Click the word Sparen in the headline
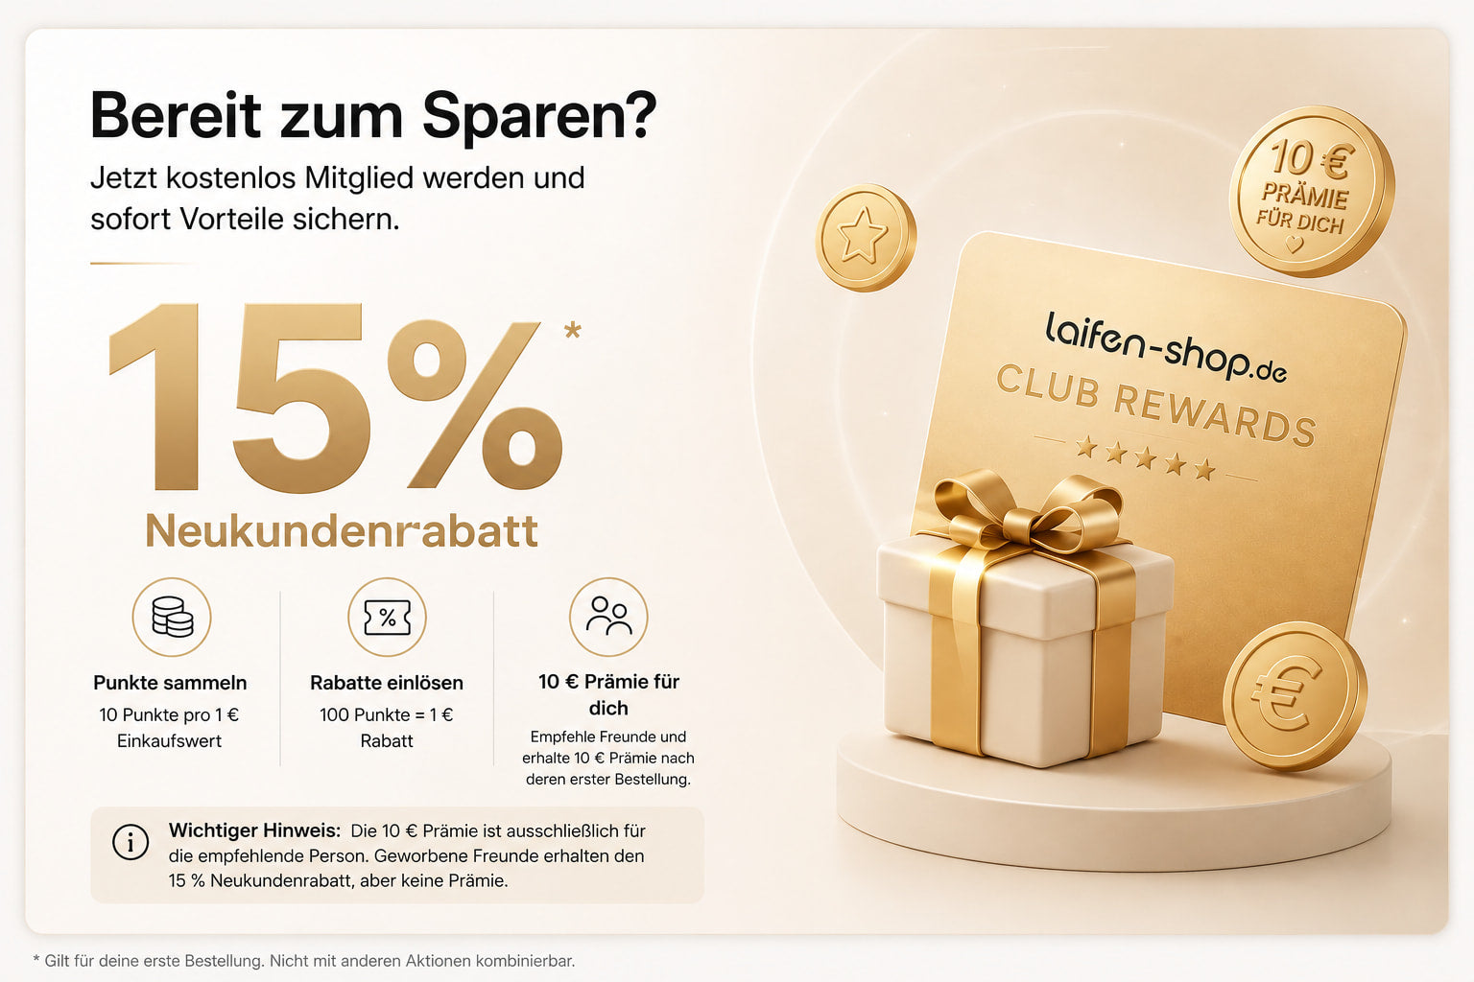pos(539,116)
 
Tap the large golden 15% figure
pos(336,397)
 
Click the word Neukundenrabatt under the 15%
pos(342,530)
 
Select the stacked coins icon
pos(172,617)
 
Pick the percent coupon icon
pos(387,617)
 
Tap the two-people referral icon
pos(608,617)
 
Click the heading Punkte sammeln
pos(170,683)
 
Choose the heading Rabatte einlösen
pos(387,683)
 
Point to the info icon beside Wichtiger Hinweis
pos(131,842)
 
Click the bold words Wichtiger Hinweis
pos(254,830)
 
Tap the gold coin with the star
pos(866,238)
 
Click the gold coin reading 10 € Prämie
pos(1312,192)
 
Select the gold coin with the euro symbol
pos(1295,696)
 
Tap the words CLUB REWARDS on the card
pos(1156,406)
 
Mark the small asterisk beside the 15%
pos(573,330)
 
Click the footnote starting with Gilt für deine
pos(304,961)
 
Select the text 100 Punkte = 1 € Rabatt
pos(387,728)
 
